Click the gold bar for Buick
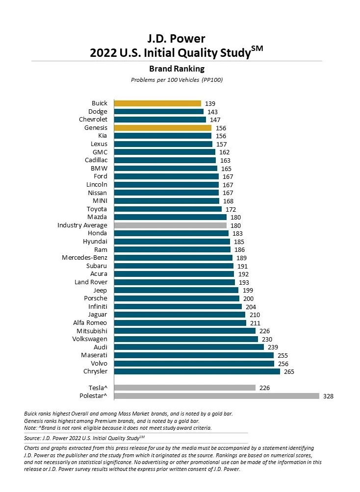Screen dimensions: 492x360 [x=157, y=103]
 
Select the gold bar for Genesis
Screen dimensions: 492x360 [x=162, y=128]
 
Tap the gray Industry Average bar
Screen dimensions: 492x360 [x=170, y=225]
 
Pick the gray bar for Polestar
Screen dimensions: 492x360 [x=216, y=396]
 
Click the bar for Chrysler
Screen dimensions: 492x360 [x=197, y=371]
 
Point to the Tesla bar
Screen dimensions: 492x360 [x=184, y=388]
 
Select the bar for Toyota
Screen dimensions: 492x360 [x=168, y=209]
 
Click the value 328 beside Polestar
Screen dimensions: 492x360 [x=328, y=396]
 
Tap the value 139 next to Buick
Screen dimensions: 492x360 [x=210, y=103]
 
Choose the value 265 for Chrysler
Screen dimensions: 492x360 [x=289, y=371]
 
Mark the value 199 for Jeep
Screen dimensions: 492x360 [x=248, y=290]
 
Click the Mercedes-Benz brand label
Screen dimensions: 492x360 [x=84, y=258]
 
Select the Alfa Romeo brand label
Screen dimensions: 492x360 [x=90, y=323]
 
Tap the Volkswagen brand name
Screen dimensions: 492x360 [x=90, y=339]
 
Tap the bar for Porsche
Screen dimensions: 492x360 [x=177, y=298]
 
